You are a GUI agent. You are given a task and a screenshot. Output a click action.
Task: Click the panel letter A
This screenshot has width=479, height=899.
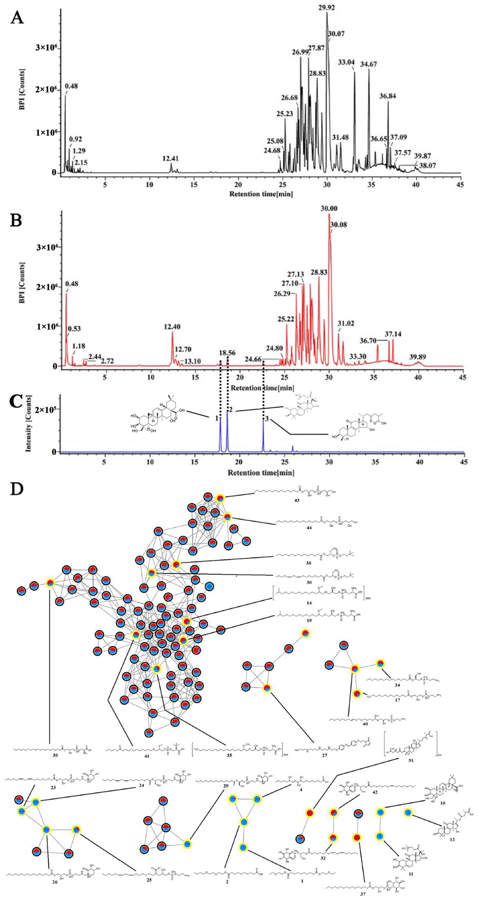coord(17,17)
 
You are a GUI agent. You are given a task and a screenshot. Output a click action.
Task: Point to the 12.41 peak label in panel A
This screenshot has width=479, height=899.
coord(170,158)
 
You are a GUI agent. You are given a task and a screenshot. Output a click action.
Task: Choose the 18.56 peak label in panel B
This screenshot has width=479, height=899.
coord(227,352)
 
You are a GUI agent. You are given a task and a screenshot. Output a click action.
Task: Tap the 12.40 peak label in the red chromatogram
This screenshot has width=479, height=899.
coord(172,327)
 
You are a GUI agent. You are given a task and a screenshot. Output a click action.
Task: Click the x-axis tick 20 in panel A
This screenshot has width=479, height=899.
coord(238,184)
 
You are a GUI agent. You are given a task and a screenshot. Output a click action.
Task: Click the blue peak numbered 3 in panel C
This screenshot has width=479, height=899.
coord(263,434)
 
